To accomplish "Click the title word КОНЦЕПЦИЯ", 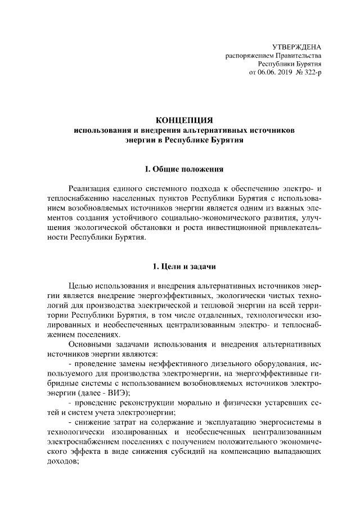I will coord(184,120).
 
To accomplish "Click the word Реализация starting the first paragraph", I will coord(91,188).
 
